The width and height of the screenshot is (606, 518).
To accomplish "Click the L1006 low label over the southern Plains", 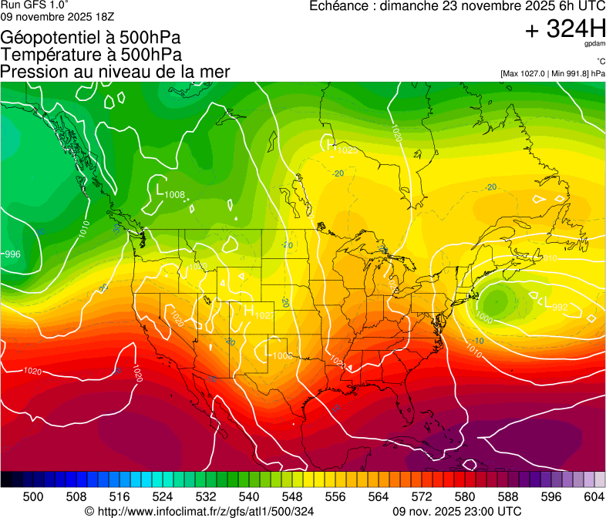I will click(x=278, y=353).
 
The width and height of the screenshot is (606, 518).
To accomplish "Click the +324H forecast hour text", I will click(x=564, y=29).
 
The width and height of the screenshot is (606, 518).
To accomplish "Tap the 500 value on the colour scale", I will click(x=33, y=496).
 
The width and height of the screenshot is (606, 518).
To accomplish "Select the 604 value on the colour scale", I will click(x=593, y=496).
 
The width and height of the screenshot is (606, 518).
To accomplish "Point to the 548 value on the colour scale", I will click(x=291, y=496).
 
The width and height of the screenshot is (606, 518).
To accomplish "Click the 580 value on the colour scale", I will click(x=464, y=496).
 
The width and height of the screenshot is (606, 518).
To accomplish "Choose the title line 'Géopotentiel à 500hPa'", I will click(x=91, y=37).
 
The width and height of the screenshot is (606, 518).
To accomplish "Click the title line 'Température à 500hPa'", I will click(x=91, y=54).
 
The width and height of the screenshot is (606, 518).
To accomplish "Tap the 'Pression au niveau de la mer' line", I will click(x=116, y=72).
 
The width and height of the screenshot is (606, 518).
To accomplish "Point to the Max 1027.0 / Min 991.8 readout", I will click(x=552, y=74).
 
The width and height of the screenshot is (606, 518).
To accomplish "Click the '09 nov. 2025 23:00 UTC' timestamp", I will click(x=456, y=511).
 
